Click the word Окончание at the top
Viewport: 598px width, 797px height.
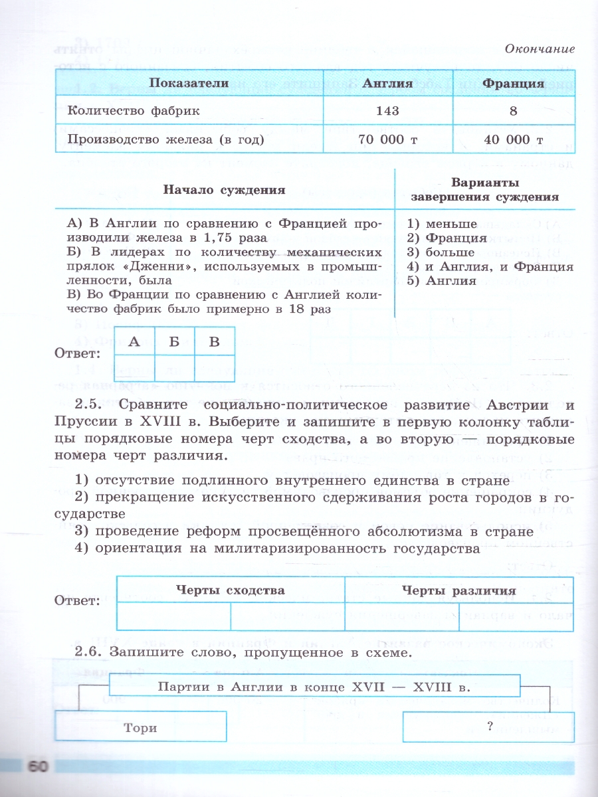click(539, 48)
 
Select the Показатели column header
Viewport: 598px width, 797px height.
click(189, 84)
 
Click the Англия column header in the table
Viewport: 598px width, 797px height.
click(388, 84)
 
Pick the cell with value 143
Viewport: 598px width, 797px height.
click(387, 111)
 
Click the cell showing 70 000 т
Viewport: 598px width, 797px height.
click(387, 139)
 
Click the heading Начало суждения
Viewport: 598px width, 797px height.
click(224, 190)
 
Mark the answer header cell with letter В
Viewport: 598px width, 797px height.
click(214, 342)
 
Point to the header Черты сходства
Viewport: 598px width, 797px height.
click(231, 590)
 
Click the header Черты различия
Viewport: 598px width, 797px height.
click(459, 590)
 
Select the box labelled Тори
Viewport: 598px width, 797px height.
click(140, 727)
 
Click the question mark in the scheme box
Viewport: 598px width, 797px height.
click(489, 726)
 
